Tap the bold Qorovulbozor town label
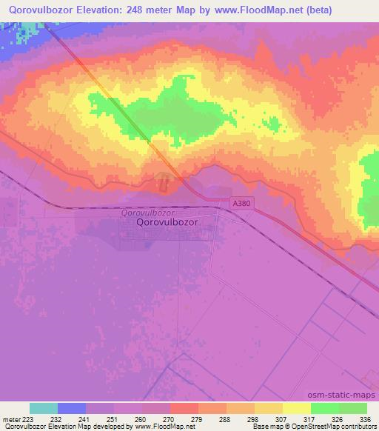pos(171,221)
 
